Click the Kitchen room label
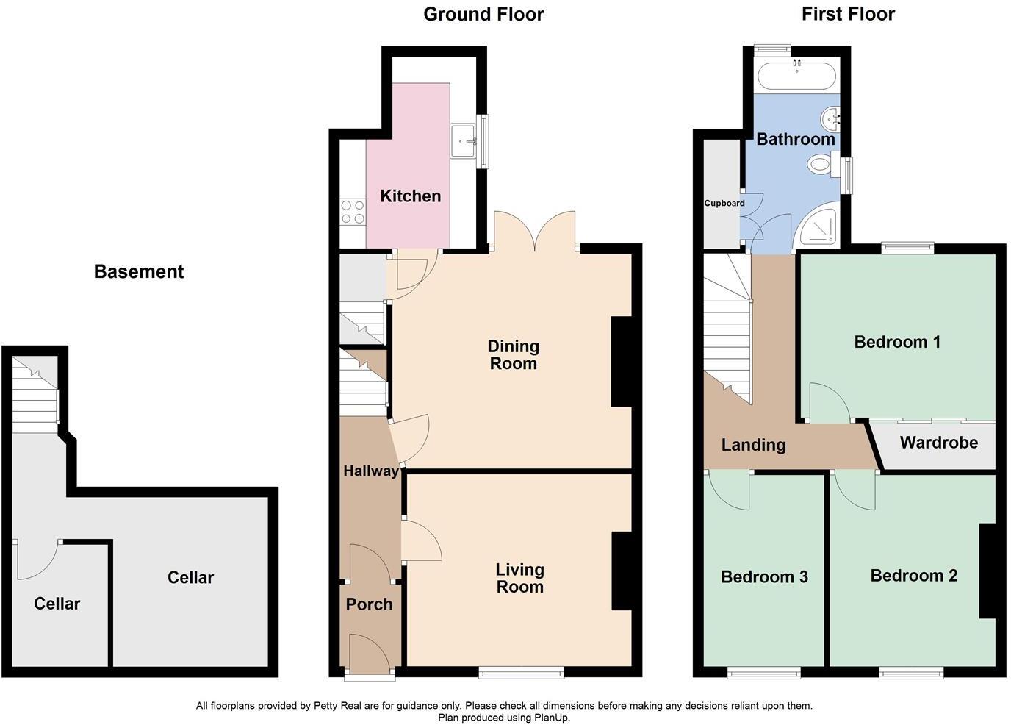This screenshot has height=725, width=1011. pos(410,196)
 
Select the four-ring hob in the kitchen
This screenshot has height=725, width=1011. pos(353,213)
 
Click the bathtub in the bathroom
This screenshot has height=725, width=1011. pos(796,75)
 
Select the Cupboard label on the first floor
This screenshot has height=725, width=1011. pos(724,204)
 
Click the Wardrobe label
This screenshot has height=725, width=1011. pos(938,443)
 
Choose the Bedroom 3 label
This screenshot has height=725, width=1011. pos(764,577)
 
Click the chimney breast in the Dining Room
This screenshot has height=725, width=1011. pos(622,362)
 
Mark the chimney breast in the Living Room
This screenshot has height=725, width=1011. pos(622,571)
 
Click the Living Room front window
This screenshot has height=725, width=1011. pos(522,671)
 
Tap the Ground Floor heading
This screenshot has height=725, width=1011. pos(483,14)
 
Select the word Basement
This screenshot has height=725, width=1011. pos(138,272)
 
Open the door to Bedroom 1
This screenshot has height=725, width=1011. pos(829,404)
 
